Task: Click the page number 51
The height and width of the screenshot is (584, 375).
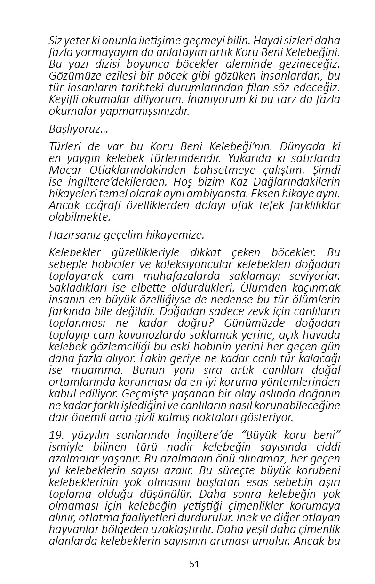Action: click(194, 564)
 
